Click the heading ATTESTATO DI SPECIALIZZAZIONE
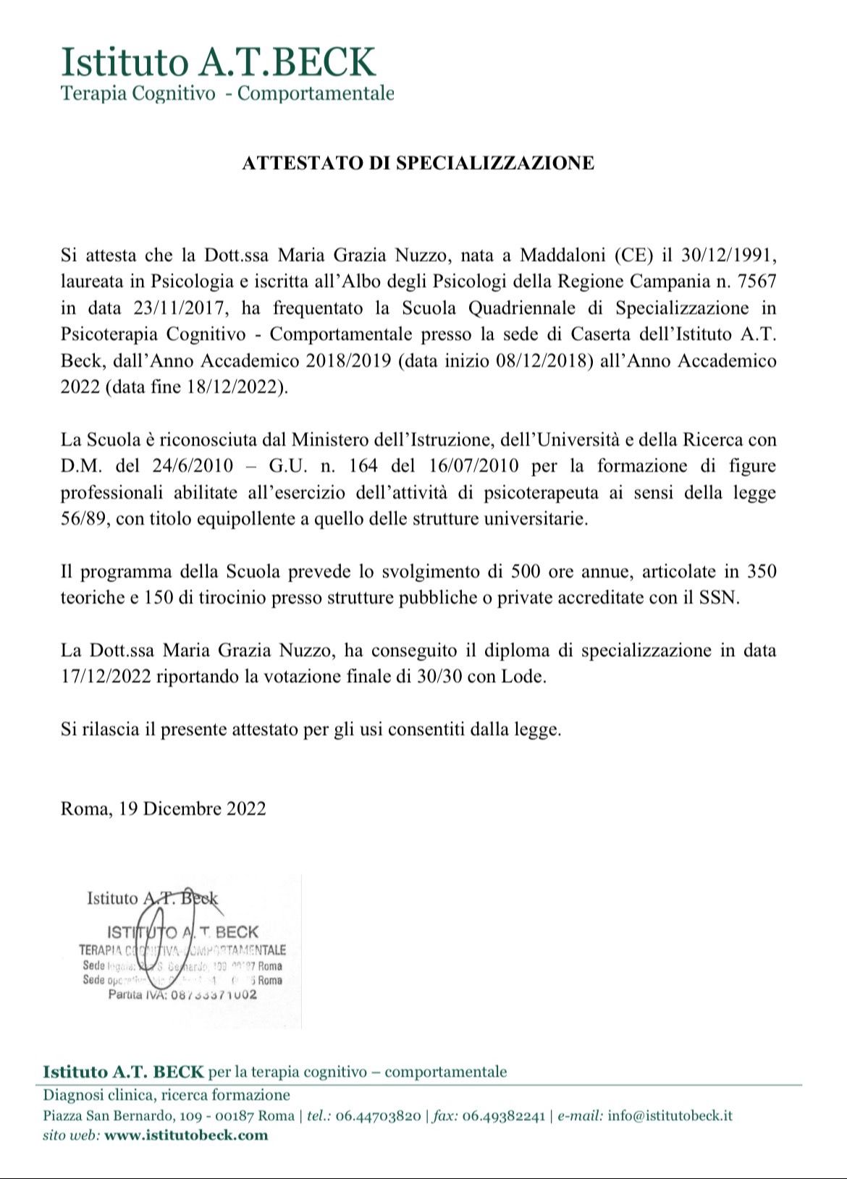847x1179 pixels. (x=418, y=163)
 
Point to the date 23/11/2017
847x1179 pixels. (x=181, y=308)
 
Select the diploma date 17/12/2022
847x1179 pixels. (x=105, y=677)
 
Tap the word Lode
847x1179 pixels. (x=522, y=677)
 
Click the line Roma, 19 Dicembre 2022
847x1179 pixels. (x=164, y=808)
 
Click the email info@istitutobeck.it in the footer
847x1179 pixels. (x=670, y=1115)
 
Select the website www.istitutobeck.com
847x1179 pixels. (x=186, y=1135)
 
